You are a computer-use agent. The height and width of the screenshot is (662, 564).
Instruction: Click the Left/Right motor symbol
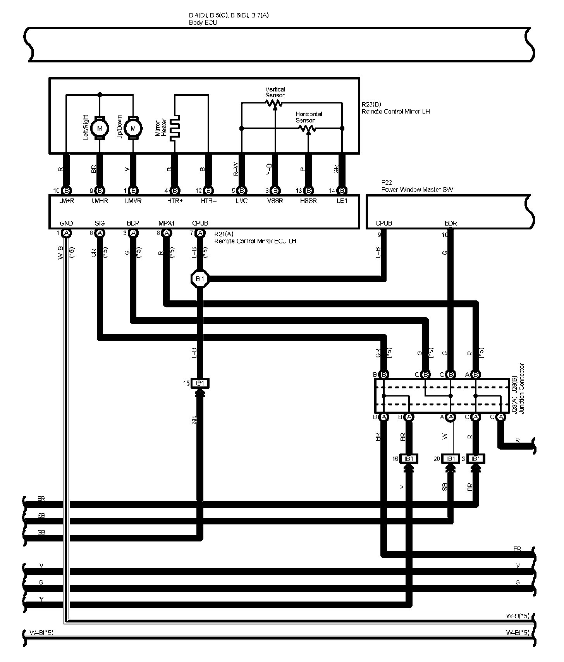pos(100,128)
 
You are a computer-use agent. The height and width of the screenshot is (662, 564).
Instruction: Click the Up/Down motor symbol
pos(133,128)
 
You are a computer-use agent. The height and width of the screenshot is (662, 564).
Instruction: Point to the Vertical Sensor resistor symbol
pos(274,103)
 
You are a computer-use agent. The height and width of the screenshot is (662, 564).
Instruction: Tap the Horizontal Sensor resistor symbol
pos(308,128)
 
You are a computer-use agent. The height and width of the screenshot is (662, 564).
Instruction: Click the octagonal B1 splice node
pos(200,279)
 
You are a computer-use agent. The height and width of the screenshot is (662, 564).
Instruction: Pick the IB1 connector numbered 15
pos(200,383)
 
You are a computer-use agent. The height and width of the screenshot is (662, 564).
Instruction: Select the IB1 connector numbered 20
pos(451,459)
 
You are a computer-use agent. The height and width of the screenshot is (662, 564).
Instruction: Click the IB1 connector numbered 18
pos(409,459)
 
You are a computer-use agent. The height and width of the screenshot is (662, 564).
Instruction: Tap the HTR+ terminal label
pos(175,201)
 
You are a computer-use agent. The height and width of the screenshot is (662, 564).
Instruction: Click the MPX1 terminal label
pos(167,223)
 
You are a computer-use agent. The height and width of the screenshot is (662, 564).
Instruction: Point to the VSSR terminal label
pos(275,201)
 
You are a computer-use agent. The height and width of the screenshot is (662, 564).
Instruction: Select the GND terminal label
pos(66,223)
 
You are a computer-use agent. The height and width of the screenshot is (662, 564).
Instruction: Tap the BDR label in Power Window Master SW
pos(451,223)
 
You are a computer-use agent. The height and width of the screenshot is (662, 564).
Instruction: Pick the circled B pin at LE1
pos(342,191)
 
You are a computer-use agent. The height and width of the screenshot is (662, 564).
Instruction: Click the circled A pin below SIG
pos(100,233)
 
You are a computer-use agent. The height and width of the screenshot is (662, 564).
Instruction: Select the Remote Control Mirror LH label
pos(395,112)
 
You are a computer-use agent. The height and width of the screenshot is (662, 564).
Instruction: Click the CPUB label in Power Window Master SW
pos(383,223)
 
